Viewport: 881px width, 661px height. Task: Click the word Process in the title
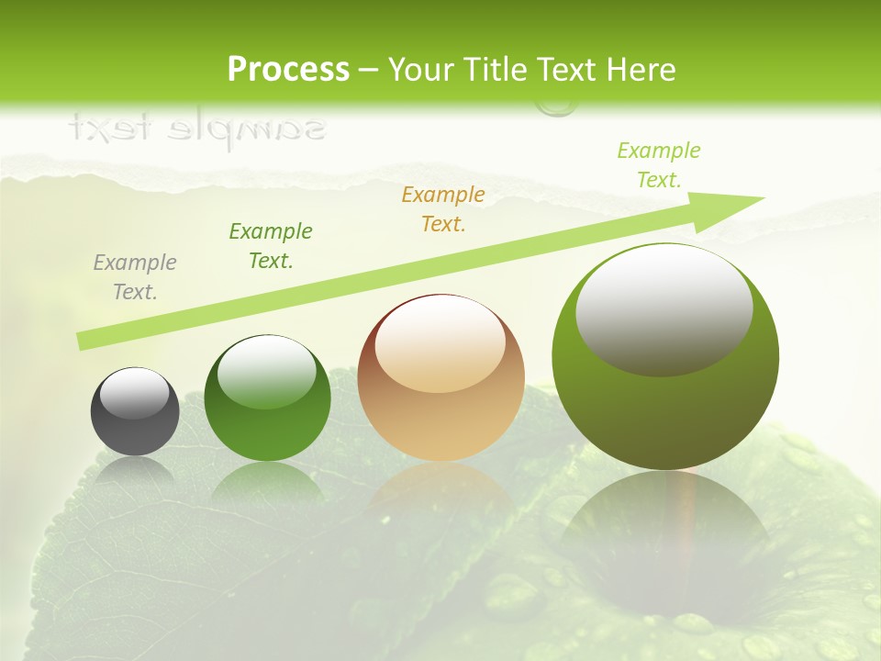click(x=288, y=70)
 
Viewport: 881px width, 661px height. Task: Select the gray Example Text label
click(x=135, y=277)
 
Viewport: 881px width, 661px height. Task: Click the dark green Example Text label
click(x=271, y=246)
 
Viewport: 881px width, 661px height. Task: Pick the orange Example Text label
click(x=443, y=209)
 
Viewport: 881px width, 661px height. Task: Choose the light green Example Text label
click(x=658, y=165)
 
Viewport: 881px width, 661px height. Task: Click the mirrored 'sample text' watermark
click(x=197, y=129)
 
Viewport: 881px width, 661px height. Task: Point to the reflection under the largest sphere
click(x=665, y=523)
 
